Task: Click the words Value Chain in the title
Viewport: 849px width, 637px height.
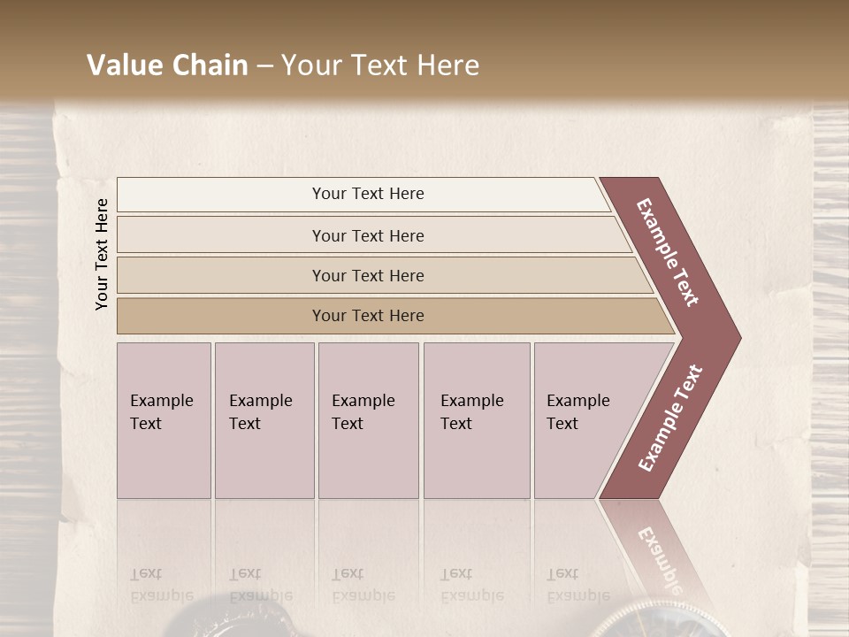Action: pyautogui.click(x=167, y=65)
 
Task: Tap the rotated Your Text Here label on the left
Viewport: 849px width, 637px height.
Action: pyautogui.click(x=102, y=254)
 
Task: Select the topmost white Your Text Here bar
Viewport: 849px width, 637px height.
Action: pyautogui.click(x=363, y=195)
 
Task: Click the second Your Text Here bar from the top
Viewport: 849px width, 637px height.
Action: pyautogui.click(x=371, y=235)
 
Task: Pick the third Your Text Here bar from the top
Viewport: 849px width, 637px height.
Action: pyautogui.click(x=380, y=275)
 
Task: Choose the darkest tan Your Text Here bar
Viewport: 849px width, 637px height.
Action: pyautogui.click(x=389, y=316)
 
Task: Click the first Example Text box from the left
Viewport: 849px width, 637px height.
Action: pyautogui.click(x=164, y=420)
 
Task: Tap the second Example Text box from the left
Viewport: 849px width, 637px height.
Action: pyautogui.click(x=264, y=420)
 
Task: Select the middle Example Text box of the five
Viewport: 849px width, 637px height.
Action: pyautogui.click(x=368, y=420)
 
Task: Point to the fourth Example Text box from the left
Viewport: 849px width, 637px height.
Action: pyautogui.click(x=477, y=420)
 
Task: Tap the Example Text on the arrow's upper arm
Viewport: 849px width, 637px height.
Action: pyautogui.click(x=668, y=252)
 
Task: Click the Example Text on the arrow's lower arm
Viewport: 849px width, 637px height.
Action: pyautogui.click(x=670, y=418)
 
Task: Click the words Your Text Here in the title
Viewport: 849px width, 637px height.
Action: pyautogui.click(x=380, y=65)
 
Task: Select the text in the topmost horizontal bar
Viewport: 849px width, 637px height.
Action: pyautogui.click(x=368, y=194)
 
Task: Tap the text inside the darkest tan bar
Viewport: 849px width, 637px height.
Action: pyautogui.click(x=368, y=316)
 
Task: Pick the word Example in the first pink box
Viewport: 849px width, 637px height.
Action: pyautogui.click(x=162, y=401)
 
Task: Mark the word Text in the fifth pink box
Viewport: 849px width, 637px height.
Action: pyautogui.click(x=562, y=424)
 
